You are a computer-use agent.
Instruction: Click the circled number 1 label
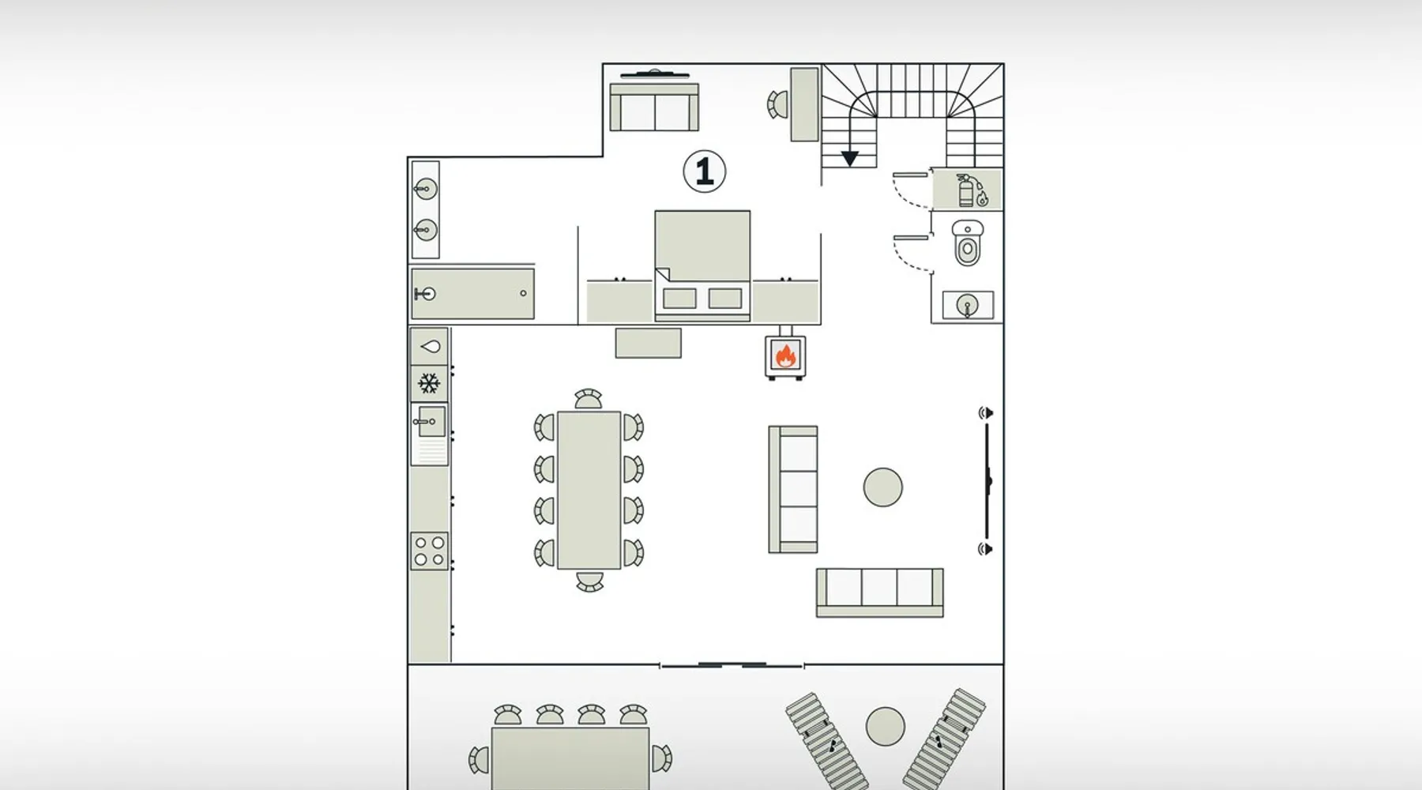704,171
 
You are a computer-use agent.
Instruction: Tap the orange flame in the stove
784,355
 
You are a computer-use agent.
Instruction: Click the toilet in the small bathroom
967,243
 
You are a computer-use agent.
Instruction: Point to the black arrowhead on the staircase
849,159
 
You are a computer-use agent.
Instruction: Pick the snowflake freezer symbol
429,385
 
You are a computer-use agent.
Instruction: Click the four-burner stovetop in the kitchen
430,551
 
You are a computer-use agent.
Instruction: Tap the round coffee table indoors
882,487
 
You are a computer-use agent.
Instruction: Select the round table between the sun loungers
885,726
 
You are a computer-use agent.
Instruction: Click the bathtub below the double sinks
472,294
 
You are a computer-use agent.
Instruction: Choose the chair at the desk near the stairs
777,104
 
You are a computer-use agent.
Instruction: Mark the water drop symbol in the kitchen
430,346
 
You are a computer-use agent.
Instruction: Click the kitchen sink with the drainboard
430,433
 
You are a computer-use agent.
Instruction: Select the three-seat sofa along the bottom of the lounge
879,592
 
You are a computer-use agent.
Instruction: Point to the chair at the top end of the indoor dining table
588,399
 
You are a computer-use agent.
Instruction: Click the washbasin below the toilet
968,305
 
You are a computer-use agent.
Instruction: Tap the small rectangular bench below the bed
648,343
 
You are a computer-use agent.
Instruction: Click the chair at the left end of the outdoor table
479,760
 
